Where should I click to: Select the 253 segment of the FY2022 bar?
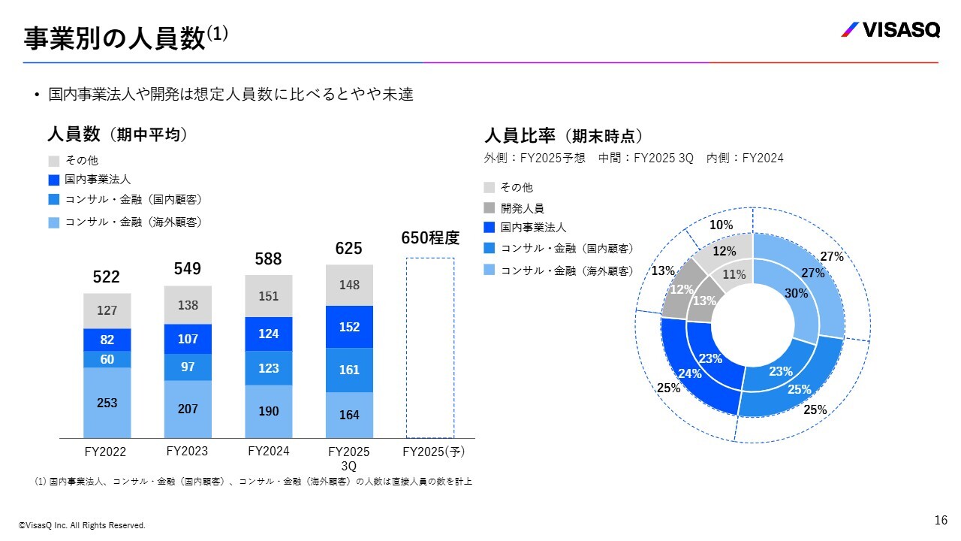(x=107, y=403)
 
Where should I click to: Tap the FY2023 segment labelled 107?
(x=188, y=339)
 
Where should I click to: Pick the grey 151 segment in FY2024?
(x=269, y=296)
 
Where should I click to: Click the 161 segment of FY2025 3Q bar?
(x=349, y=370)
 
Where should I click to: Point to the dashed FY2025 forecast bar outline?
(x=430, y=347)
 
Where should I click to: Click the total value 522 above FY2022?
(x=107, y=277)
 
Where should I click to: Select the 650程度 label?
(x=430, y=238)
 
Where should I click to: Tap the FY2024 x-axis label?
(x=268, y=452)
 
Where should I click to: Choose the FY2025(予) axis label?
(x=434, y=452)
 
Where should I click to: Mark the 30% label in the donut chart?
(x=796, y=294)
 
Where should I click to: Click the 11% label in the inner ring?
(x=734, y=275)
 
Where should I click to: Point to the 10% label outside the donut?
(x=721, y=225)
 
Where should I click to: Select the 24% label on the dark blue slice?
(x=689, y=373)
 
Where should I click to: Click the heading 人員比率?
(x=520, y=136)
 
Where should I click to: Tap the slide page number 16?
(x=941, y=520)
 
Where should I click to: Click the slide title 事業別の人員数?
(x=115, y=38)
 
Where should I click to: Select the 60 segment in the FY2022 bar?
(x=107, y=359)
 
